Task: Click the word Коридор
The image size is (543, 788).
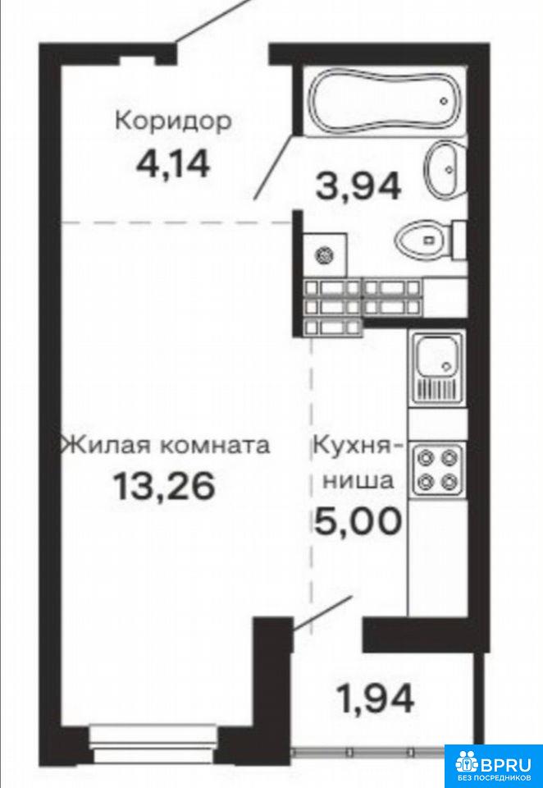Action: [x=173, y=122]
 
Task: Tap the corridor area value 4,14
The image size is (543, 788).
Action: [x=173, y=164]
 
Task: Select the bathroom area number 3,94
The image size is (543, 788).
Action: [x=358, y=186]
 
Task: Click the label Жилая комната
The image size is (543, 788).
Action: [x=165, y=445]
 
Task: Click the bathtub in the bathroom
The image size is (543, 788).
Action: [x=386, y=100]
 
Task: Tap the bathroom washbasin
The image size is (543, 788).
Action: [x=446, y=167]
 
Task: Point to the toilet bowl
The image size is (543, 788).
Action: [x=431, y=240]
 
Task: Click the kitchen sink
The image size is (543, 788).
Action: [x=437, y=368]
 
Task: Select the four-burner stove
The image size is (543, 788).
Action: [x=437, y=468]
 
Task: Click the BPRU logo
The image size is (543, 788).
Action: [x=493, y=765]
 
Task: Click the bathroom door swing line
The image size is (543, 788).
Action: [x=273, y=166]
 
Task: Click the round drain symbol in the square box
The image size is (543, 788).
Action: [x=323, y=256]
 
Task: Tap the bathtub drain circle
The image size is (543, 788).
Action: [x=444, y=100]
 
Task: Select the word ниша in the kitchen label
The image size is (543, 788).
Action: [x=358, y=481]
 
